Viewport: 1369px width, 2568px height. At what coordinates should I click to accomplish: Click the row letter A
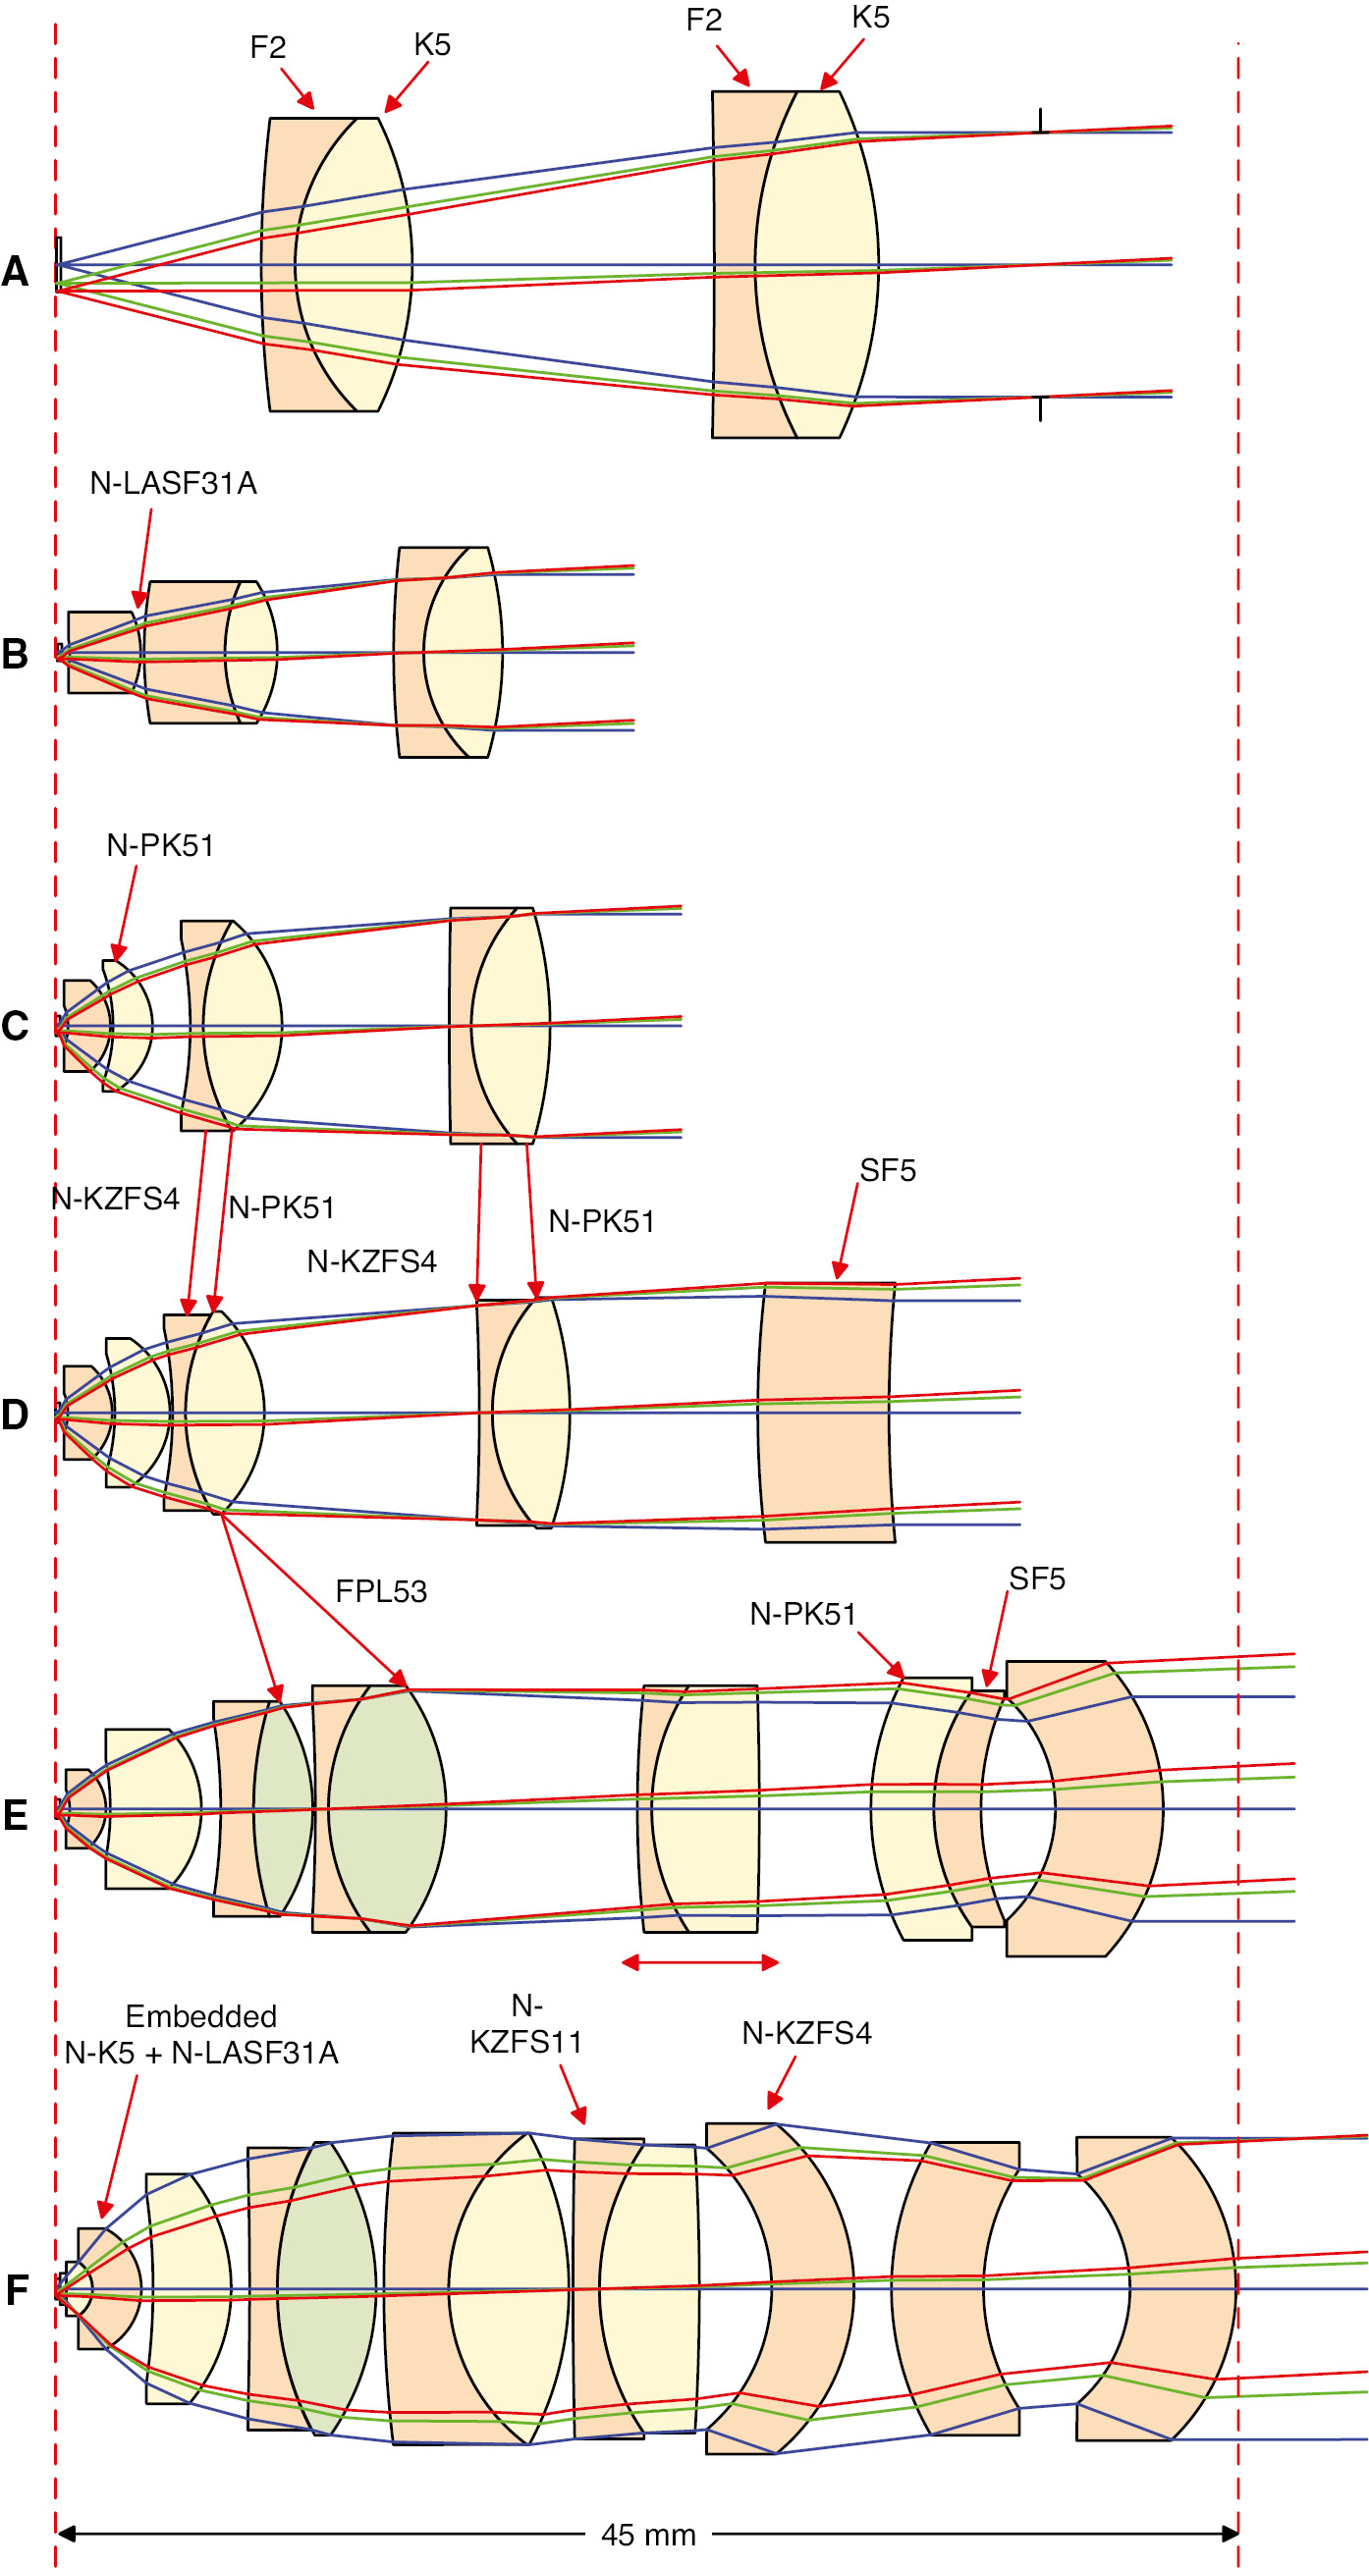click(15, 271)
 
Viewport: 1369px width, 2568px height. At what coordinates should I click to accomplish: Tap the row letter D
click(15, 1414)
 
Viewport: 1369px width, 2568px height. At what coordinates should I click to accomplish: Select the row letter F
click(17, 2290)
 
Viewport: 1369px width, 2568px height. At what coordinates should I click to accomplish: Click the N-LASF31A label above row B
click(173, 484)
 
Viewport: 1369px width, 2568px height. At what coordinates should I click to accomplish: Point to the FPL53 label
click(381, 1591)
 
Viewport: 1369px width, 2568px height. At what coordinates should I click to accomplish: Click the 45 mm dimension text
click(648, 2535)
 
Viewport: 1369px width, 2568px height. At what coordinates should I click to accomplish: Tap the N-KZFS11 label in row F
click(525, 2025)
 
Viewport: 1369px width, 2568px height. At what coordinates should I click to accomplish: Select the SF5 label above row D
click(888, 1170)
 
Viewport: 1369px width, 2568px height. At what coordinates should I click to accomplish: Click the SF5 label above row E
click(1036, 1579)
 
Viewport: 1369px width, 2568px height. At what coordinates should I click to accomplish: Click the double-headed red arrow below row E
click(700, 1963)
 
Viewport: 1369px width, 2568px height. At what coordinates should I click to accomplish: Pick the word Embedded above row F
click(200, 2015)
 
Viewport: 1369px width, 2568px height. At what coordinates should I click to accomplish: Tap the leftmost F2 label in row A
click(267, 48)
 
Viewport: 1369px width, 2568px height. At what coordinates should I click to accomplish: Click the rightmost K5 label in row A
click(869, 18)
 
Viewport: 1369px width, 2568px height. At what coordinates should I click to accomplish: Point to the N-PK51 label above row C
click(159, 845)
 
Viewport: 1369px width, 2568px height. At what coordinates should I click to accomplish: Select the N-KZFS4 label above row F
click(805, 2034)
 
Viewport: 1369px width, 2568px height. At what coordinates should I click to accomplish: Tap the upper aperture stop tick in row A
click(1040, 121)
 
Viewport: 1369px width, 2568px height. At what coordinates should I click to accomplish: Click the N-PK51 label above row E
click(802, 1614)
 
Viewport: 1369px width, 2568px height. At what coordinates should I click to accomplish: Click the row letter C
click(15, 1026)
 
